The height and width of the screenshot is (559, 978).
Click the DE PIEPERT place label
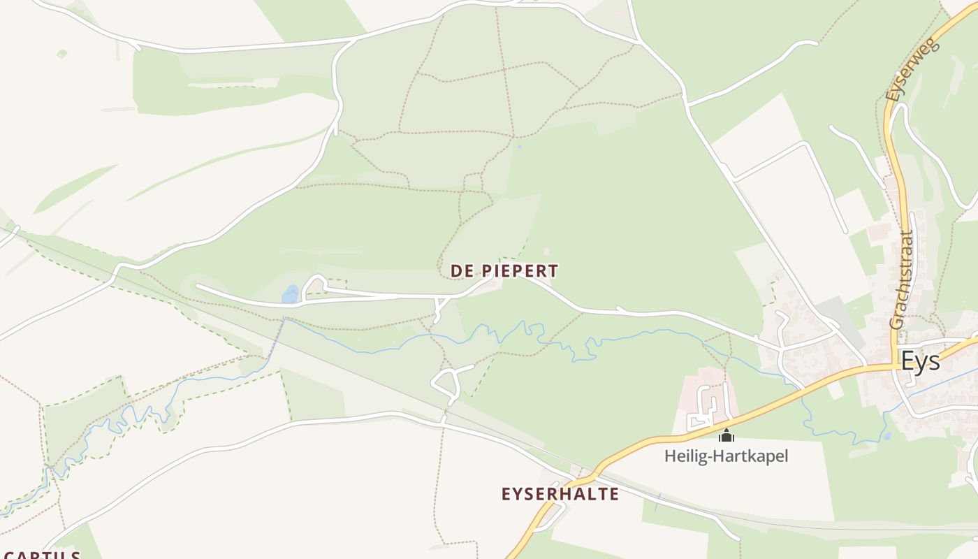point(504,270)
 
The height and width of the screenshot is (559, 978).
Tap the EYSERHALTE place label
point(560,494)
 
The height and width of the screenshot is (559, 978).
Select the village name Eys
point(920,361)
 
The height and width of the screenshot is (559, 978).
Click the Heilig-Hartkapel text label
point(726,456)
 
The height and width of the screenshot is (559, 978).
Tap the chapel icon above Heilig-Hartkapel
point(727,436)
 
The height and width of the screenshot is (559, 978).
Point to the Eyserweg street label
point(913,69)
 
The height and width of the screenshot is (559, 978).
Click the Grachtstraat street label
point(902,279)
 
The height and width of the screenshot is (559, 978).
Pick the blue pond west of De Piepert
point(290,295)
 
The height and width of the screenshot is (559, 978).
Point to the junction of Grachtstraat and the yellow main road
point(895,364)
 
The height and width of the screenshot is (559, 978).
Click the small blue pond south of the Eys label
point(886,436)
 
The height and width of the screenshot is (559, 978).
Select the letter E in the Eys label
point(907,361)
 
